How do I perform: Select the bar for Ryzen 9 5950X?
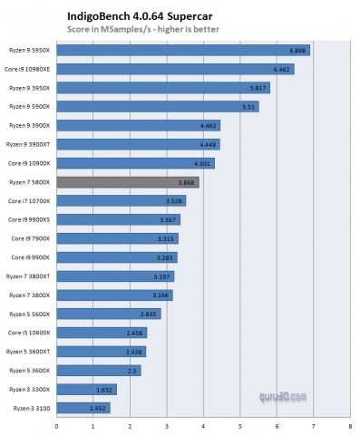click(181, 50)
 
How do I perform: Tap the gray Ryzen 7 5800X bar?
click(127, 182)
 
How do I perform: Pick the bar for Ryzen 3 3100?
click(83, 408)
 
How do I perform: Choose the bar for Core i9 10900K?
click(134, 163)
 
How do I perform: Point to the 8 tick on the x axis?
click(350, 424)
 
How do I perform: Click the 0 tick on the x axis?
click(56, 424)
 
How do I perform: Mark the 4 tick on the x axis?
click(203, 424)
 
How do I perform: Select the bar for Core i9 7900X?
click(116, 238)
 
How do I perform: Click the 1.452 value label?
click(97, 408)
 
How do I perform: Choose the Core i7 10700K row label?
click(29, 201)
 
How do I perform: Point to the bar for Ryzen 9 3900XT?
click(137, 144)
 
